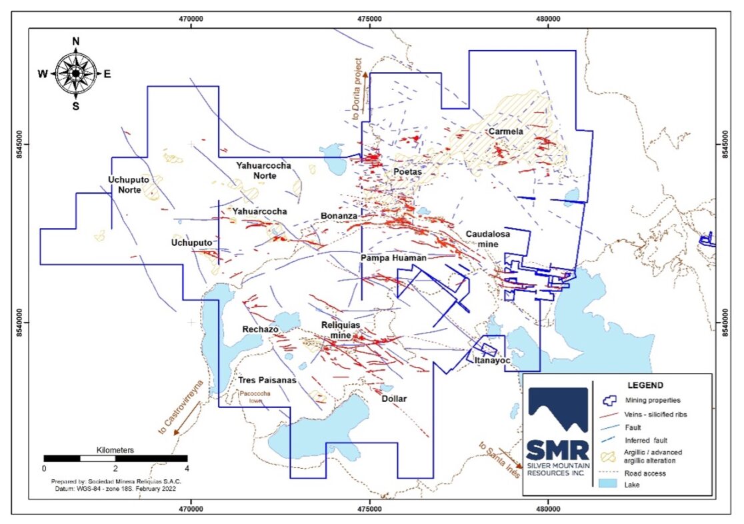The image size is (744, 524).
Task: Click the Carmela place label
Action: pos(505,132)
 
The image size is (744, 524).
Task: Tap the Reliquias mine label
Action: pos(341,329)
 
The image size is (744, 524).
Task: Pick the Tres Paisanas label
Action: pos(267,381)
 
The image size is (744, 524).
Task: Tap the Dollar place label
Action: pos(393,399)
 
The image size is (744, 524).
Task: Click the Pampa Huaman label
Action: pos(393,257)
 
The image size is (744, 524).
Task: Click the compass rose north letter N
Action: pos(76,41)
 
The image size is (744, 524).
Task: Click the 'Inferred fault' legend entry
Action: pos(647,441)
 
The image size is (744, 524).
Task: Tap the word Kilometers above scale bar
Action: pos(115,450)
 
